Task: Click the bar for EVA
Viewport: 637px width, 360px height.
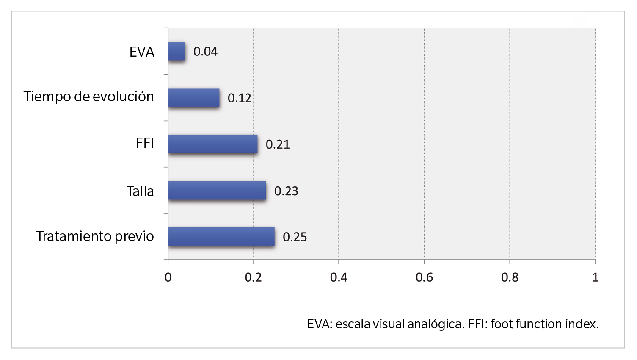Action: click(x=177, y=51)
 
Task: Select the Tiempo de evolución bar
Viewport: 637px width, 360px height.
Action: click(x=194, y=97)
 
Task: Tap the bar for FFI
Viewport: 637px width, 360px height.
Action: click(x=213, y=144)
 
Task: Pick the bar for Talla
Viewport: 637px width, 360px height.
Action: click(x=217, y=191)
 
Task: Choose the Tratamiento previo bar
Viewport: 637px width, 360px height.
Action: click(x=221, y=237)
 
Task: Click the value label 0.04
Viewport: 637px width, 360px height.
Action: click(x=205, y=52)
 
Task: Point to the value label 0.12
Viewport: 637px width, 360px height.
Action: click(x=240, y=98)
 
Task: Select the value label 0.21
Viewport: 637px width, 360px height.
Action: click(x=278, y=144)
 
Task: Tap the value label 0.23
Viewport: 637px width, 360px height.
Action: click(x=286, y=191)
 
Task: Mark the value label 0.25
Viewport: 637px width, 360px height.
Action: click(x=295, y=237)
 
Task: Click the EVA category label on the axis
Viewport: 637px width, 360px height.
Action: click(x=142, y=52)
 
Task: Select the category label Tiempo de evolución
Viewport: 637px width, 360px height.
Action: click(x=89, y=97)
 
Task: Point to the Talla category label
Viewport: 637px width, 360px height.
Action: click(x=140, y=191)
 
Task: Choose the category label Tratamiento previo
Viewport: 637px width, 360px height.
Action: click(x=95, y=236)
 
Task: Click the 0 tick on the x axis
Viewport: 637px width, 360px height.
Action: click(x=168, y=277)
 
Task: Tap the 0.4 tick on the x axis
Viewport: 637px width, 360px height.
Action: click(x=339, y=277)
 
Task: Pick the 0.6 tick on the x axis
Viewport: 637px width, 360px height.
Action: click(x=424, y=277)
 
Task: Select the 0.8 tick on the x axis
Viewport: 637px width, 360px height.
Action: click(x=510, y=277)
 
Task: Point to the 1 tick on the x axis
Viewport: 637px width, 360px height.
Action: click(x=595, y=277)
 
